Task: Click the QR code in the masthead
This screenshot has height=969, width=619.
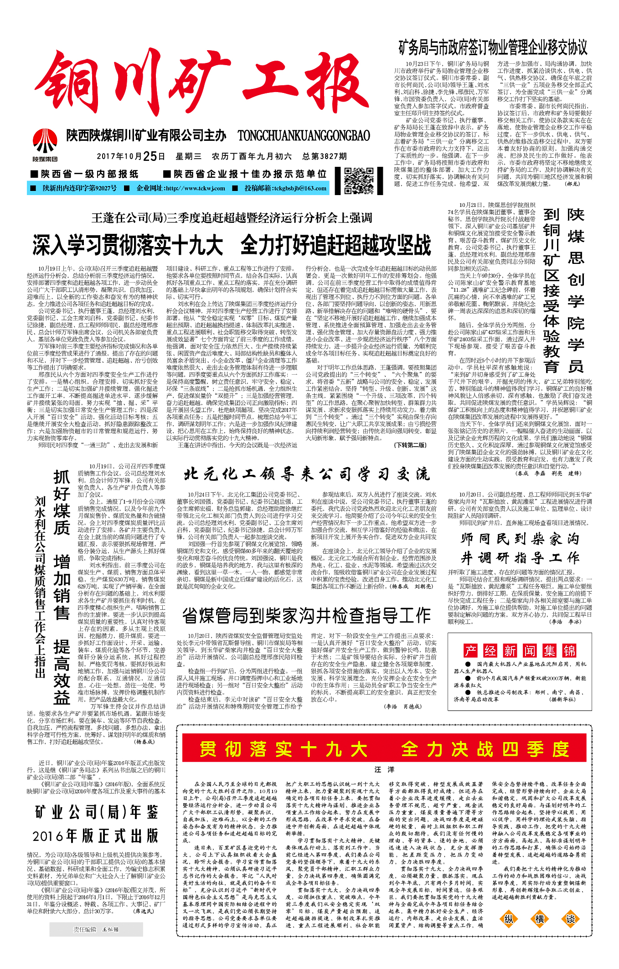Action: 359,180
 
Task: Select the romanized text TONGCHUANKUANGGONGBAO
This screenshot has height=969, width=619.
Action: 304,135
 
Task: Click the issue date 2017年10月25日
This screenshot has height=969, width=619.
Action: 131,156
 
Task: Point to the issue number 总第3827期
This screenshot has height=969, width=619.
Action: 325,156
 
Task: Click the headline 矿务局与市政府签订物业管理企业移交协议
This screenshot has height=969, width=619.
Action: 493,47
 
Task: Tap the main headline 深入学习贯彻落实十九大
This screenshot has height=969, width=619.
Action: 128,245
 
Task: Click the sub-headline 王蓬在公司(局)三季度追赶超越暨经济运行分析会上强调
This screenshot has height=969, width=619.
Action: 232,218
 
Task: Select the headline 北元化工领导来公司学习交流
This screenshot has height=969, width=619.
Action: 307,474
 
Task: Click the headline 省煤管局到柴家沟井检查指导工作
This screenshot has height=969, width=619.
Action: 307,615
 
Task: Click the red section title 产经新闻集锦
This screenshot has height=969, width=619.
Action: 520,650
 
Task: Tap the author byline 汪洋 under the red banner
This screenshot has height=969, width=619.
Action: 384,769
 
